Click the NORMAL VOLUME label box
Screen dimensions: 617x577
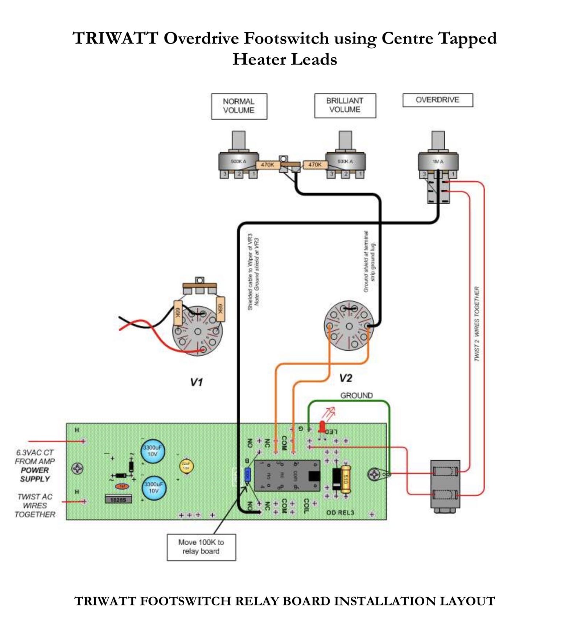[x=239, y=106]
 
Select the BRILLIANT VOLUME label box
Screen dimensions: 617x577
[x=345, y=106]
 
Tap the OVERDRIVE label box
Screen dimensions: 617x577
[x=437, y=100]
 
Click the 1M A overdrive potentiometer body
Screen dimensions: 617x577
[x=438, y=162]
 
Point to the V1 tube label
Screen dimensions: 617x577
[x=196, y=382]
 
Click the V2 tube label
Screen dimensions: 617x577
[x=345, y=378]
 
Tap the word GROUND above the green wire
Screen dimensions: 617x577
[x=356, y=395]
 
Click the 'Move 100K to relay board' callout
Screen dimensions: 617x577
[x=201, y=547]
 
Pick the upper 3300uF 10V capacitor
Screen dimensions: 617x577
[x=153, y=451]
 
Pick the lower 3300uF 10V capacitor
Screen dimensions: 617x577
[x=153, y=488]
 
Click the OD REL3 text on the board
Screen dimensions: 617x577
[x=340, y=513]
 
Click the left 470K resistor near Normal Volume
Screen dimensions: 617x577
[x=267, y=165]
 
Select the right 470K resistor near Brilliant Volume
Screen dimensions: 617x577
[x=314, y=165]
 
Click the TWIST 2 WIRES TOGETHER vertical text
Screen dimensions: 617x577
[x=477, y=324]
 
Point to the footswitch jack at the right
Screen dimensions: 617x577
[x=445, y=485]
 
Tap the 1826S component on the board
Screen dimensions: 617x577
[x=118, y=499]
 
